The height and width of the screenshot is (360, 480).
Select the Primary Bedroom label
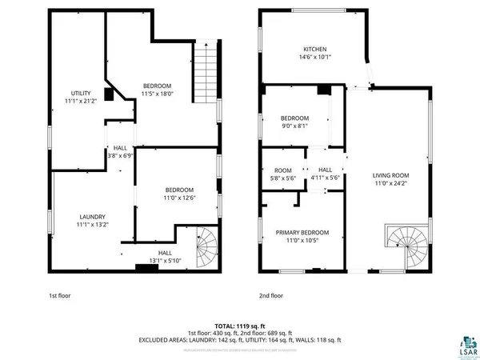(302, 232)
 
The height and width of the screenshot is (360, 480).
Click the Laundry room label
(92, 217)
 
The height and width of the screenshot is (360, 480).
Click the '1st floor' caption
(59, 295)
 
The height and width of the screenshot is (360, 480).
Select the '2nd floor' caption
(271, 295)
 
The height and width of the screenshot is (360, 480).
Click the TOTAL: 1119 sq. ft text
(239, 326)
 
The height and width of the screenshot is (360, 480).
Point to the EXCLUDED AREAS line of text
(239, 340)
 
